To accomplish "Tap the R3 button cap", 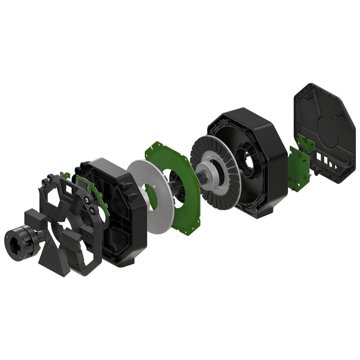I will pyautogui.click(x=93, y=211).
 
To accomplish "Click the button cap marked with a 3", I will pyautogui.click(x=45, y=182).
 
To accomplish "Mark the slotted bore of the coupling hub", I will pyautogui.click(x=14, y=245).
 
